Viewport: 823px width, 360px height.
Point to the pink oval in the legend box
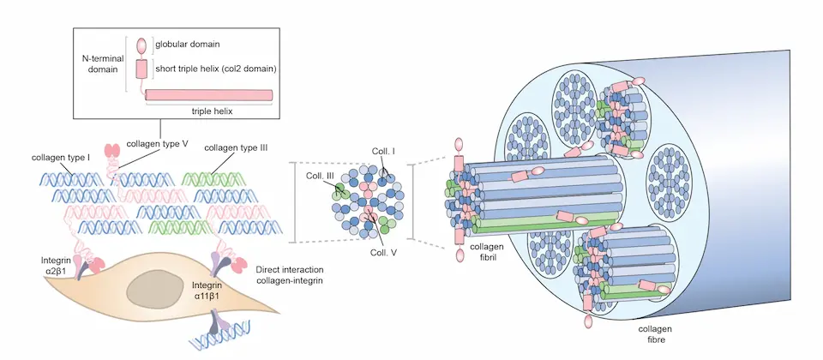[x=142, y=45]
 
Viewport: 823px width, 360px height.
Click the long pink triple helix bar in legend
[x=210, y=95]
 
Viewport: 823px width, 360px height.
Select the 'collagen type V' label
[x=158, y=143]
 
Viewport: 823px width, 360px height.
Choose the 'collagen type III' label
[x=237, y=147]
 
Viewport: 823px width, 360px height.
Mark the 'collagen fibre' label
[x=657, y=334]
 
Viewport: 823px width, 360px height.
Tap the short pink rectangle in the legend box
[x=142, y=69]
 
